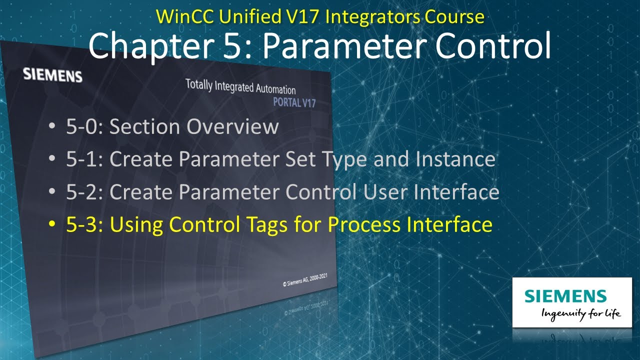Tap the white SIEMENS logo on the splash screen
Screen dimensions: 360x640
point(52,75)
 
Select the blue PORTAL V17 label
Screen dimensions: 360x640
point(294,103)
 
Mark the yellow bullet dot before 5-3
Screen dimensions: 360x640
point(52,225)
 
